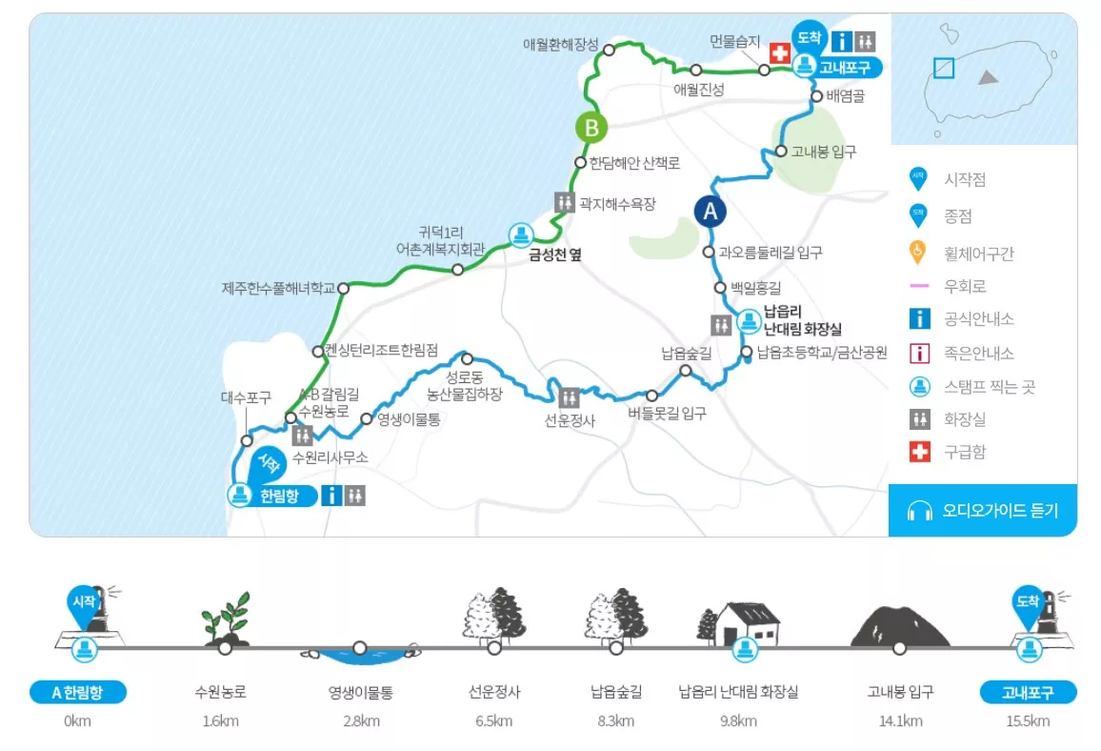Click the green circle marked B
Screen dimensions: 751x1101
591,126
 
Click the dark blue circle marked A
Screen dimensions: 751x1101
710,211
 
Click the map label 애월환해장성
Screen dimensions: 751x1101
561,44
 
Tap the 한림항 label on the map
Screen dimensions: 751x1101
279,496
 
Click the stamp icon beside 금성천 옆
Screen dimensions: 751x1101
521,233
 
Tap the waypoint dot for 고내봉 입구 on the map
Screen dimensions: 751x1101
780,151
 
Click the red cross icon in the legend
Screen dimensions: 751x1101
919,452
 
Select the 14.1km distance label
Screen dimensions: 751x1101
900,721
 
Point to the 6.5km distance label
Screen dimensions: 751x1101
493,721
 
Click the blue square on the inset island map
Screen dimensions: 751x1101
943,68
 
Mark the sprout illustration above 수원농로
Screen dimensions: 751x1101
226,619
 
